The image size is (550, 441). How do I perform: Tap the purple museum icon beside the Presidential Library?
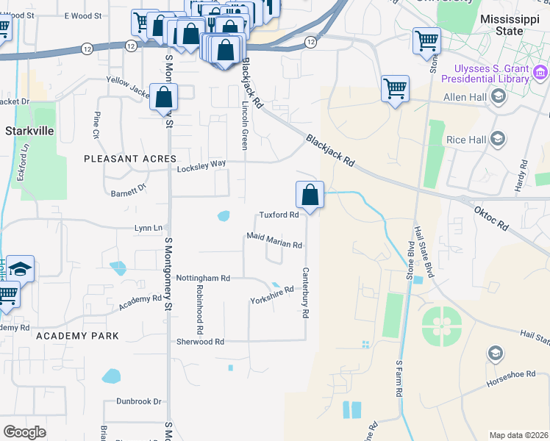click(541, 72)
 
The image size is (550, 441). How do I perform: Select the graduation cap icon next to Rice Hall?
click(498, 139)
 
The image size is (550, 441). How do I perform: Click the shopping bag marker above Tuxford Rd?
click(310, 196)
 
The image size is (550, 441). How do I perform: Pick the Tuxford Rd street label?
click(279, 215)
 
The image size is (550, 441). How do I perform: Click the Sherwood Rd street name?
click(200, 342)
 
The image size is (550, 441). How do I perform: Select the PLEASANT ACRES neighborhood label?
click(130, 159)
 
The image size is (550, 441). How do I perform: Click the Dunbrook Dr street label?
click(138, 401)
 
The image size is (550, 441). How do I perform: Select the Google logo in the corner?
click(24, 432)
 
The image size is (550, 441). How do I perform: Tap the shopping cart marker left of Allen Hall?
click(395, 89)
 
